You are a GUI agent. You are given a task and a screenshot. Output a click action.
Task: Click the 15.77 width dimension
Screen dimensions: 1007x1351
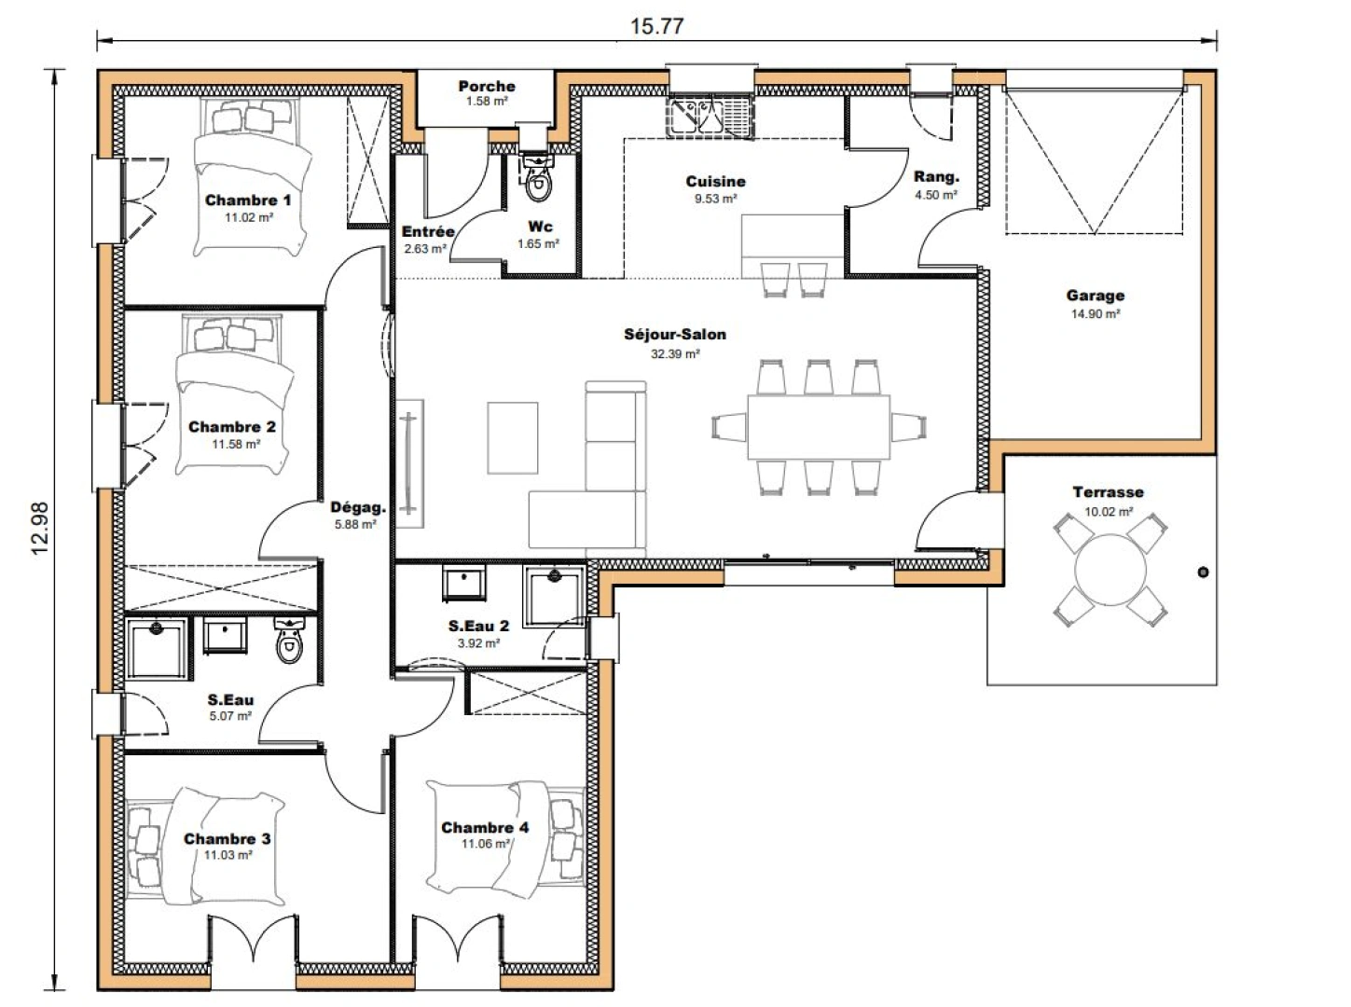point(655,25)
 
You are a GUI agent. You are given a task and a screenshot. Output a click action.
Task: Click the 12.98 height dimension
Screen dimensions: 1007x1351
point(39,530)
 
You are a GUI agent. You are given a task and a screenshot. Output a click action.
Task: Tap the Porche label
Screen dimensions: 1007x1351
point(486,87)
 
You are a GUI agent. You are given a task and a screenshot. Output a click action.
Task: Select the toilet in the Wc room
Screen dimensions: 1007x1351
point(538,181)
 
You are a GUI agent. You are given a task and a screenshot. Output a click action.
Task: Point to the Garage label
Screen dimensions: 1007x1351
point(1095,296)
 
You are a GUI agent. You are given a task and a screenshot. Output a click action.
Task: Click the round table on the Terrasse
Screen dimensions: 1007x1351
point(1110,569)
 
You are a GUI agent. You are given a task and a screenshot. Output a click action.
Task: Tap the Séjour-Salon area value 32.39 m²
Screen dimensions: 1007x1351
point(674,353)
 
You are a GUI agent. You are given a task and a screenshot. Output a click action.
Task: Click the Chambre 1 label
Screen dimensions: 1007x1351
point(248,200)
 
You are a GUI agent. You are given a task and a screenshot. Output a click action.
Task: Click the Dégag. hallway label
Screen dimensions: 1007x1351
point(358,508)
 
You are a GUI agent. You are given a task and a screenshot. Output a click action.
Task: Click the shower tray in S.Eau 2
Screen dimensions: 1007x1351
point(554,596)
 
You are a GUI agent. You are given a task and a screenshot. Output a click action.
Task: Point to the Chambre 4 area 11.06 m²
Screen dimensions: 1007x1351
point(486,844)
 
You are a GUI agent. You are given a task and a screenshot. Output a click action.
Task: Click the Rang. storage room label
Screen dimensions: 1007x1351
point(936,177)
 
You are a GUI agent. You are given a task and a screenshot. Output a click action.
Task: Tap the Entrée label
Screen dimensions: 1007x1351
point(428,232)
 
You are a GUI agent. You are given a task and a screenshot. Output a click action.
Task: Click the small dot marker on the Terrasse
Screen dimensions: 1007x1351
point(1203,572)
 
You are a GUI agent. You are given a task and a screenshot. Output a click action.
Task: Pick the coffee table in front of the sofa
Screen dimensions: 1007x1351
point(512,436)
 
